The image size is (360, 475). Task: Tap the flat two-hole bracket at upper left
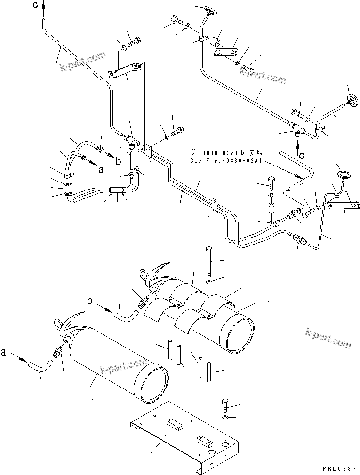coord(124,71)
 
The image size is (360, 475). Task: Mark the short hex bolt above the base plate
coord(225,404)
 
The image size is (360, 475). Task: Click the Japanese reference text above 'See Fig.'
coord(222,153)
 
